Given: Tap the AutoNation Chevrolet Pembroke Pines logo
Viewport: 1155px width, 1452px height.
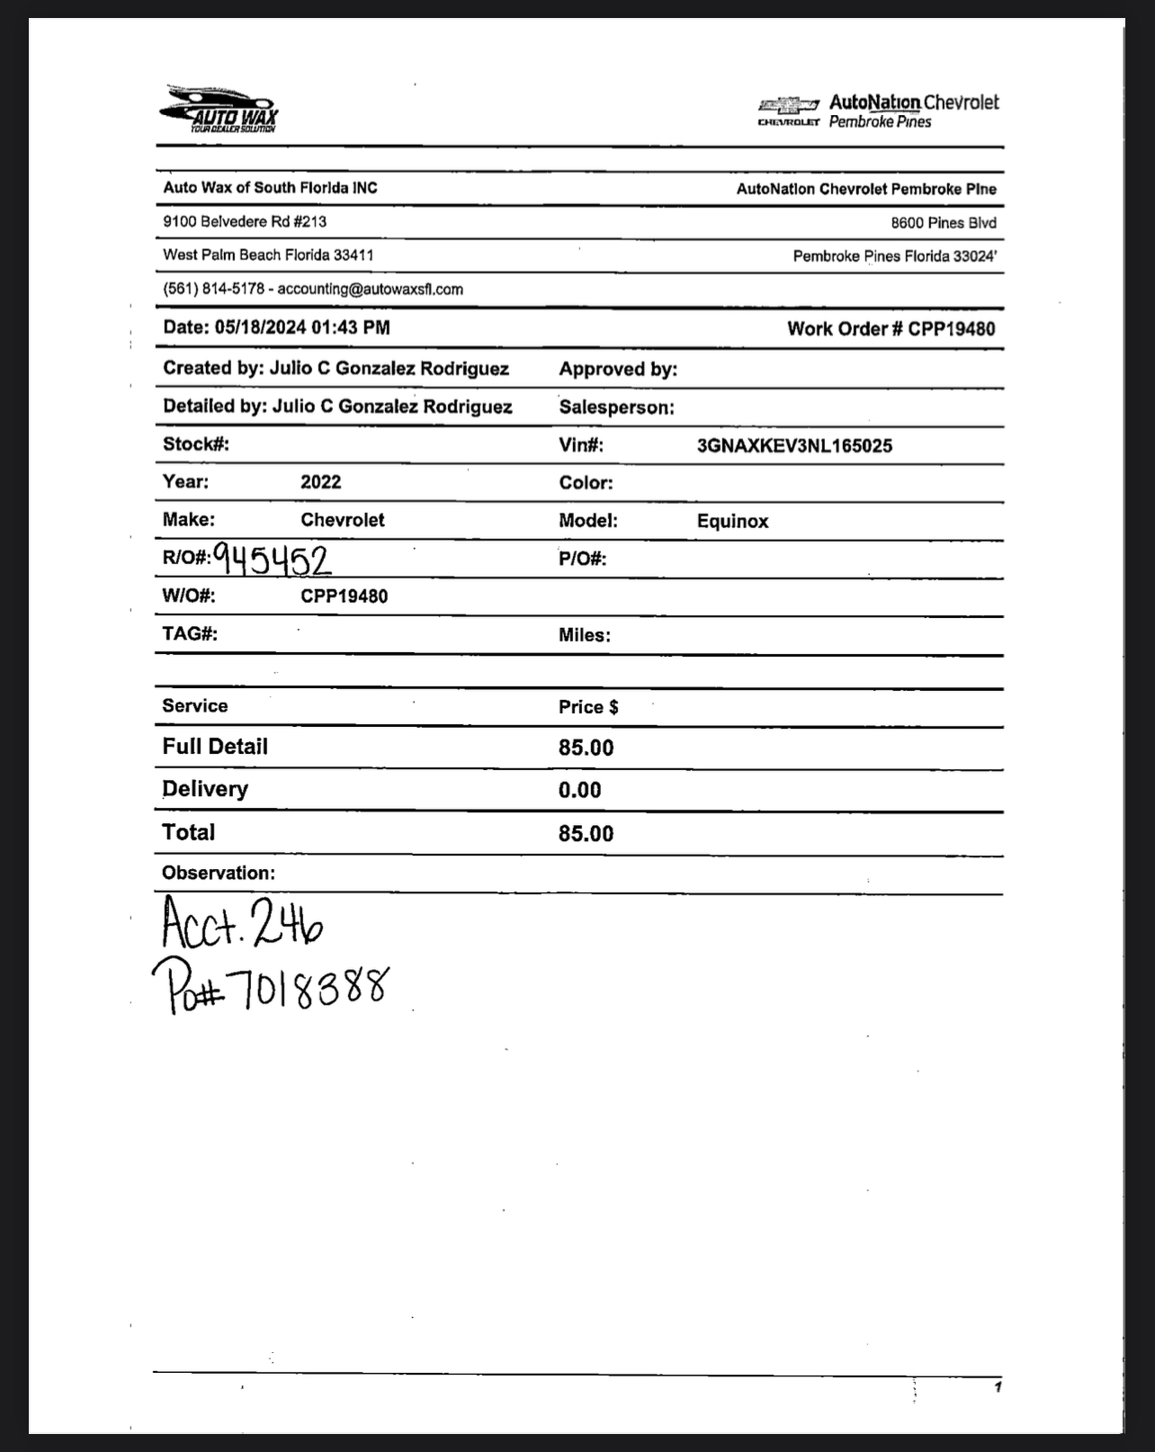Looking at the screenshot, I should tap(878, 112).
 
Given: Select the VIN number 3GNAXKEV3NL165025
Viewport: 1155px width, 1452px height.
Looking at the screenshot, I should tap(794, 446).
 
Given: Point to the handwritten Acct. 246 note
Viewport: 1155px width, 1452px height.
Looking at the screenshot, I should tap(241, 922).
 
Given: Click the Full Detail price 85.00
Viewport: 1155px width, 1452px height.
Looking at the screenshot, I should tap(586, 748).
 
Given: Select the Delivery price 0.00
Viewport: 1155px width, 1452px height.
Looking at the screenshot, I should tap(579, 790).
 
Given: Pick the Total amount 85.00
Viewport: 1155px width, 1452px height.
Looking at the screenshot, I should tap(586, 833).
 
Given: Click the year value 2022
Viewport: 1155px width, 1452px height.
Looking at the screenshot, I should tap(320, 482).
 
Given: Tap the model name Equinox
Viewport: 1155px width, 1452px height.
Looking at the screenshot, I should tap(732, 522).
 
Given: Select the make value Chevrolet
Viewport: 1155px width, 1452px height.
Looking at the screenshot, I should tap(342, 520).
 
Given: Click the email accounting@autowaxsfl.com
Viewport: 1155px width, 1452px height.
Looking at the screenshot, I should tap(370, 290).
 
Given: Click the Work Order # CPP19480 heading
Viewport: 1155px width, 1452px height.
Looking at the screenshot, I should tap(891, 329).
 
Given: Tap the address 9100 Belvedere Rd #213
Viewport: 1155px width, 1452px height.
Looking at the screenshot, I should tap(245, 221).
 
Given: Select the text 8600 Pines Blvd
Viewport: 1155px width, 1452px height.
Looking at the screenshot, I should tap(943, 223).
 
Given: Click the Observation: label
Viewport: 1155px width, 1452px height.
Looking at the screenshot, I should tap(219, 874).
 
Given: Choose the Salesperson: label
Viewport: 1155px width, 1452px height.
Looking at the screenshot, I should tap(616, 408).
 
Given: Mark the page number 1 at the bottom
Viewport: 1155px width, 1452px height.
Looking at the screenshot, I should tap(998, 1387).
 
